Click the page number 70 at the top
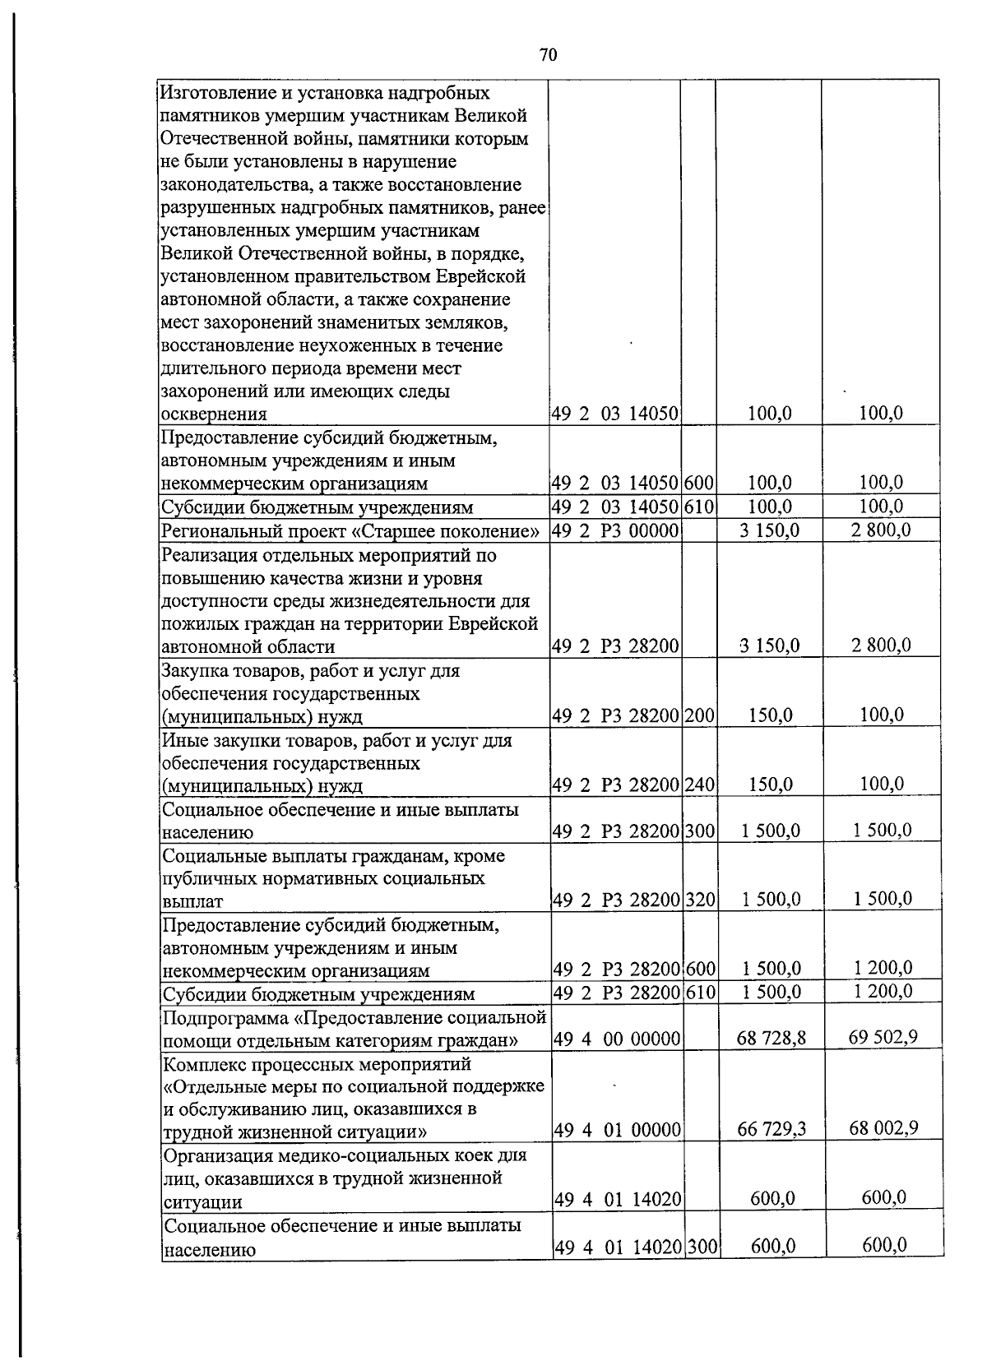(549, 55)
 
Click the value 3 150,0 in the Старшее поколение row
(770, 530)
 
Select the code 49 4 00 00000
(616, 1039)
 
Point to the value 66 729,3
(772, 1130)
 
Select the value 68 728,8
(772, 1039)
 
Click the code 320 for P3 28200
(700, 900)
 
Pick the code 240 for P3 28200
(699, 785)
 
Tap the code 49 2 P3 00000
(615, 531)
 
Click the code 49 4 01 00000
(617, 1131)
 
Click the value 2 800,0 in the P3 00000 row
(880, 530)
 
